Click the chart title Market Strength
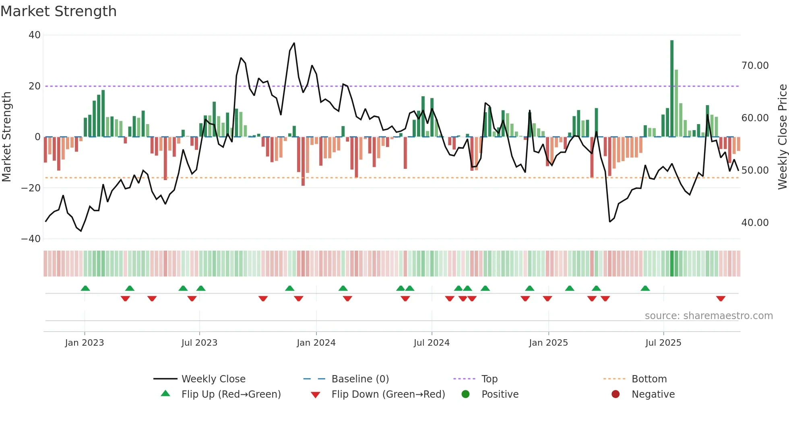[58, 11]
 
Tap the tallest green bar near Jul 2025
[672, 89]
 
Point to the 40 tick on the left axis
[35, 35]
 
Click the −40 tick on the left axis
[31, 239]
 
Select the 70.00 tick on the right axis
[755, 66]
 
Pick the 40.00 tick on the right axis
[755, 223]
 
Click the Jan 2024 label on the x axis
[316, 343]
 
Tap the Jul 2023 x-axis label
[199, 343]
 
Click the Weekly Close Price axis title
[782, 137]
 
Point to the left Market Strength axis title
[6, 137]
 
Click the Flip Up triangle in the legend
[165, 394]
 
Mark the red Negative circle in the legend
[616, 394]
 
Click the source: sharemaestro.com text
[708, 316]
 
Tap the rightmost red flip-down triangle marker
[721, 299]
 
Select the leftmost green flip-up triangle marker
[85, 288]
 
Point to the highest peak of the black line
[294, 43]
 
